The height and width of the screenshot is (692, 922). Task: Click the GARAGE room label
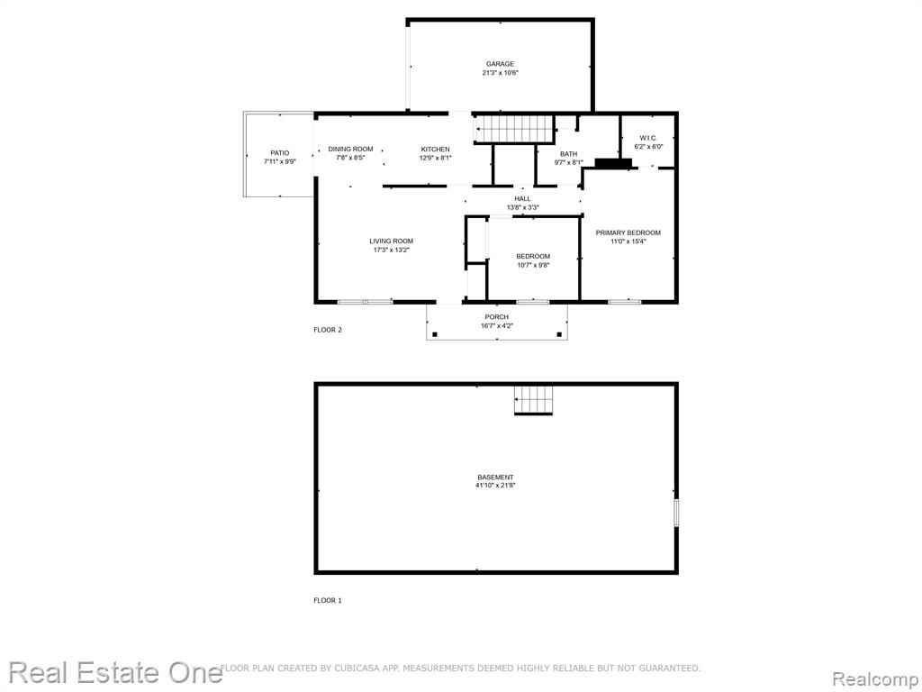500,64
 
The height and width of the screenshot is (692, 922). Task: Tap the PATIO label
280,153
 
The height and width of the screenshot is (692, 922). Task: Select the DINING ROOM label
350,149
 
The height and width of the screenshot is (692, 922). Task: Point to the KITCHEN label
435,149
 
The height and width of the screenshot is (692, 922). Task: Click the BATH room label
569,154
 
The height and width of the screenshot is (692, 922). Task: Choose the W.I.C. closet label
648,138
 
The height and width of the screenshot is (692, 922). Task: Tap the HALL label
522,199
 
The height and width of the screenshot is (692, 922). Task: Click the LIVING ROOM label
391,241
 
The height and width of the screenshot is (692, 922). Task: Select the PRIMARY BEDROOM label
628,232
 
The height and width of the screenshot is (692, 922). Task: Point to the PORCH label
497,317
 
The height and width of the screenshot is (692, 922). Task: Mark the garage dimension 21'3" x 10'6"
500,73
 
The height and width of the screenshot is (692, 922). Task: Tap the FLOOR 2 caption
328,330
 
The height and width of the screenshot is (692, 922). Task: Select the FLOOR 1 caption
328,601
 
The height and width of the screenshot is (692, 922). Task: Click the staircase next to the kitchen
515,129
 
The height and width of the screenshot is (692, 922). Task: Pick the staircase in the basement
533,400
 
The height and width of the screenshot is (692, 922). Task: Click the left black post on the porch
435,335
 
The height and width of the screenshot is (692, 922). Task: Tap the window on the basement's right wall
676,512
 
